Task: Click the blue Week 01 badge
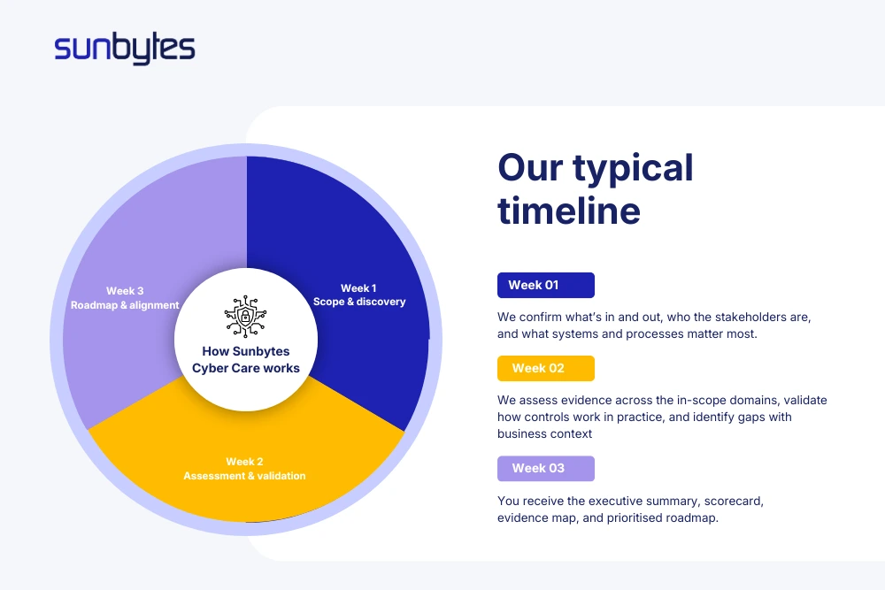point(545,285)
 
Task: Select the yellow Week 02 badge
point(545,368)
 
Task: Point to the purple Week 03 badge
point(545,468)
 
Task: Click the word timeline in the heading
point(568,211)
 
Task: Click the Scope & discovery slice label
point(359,302)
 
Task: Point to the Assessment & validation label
point(244,476)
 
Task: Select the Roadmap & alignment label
point(125,305)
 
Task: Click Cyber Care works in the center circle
point(245,368)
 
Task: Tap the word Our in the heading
point(528,167)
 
